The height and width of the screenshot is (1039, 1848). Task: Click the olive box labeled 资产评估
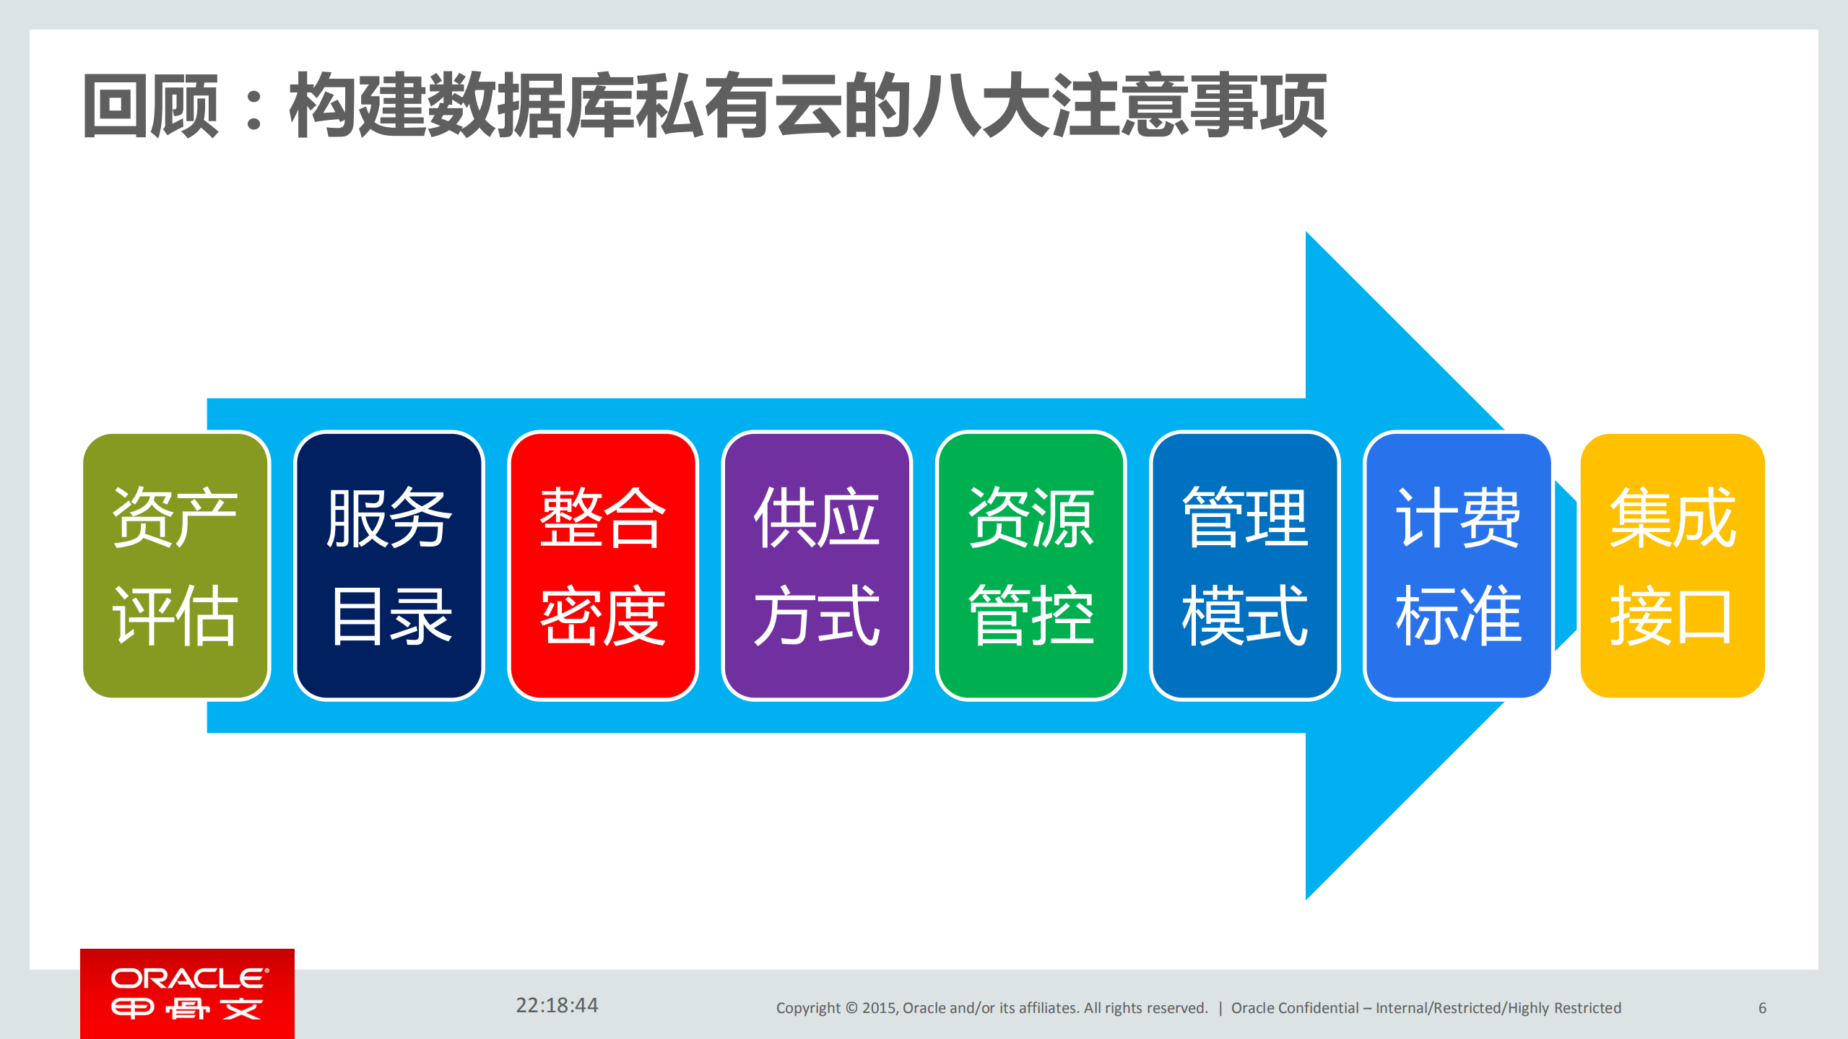point(175,565)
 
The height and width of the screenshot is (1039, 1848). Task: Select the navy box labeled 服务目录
point(389,565)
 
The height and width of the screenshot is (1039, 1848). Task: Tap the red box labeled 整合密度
point(602,565)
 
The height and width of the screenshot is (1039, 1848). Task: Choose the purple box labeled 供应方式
point(816,565)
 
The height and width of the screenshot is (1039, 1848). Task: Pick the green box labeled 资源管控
point(1031,565)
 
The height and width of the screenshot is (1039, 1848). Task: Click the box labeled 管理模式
point(1244,565)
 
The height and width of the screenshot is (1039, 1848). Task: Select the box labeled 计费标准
point(1458,565)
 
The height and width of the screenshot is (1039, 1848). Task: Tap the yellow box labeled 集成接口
point(1672,565)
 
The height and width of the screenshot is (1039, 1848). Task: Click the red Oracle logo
point(187,994)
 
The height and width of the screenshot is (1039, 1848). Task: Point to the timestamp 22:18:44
point(557,1005)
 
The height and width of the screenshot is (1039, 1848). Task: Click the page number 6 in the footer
point(1762,1008)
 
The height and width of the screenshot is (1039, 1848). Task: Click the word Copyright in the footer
point(807,1008)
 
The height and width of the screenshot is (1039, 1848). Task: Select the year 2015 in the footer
point(878,1008)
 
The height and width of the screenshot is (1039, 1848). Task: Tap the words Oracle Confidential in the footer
point(1294,1008)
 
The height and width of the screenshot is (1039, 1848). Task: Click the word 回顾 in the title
point(151,106)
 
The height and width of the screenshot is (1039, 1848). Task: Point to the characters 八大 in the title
point(979,106)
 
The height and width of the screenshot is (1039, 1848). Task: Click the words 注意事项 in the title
point(1189,106)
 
